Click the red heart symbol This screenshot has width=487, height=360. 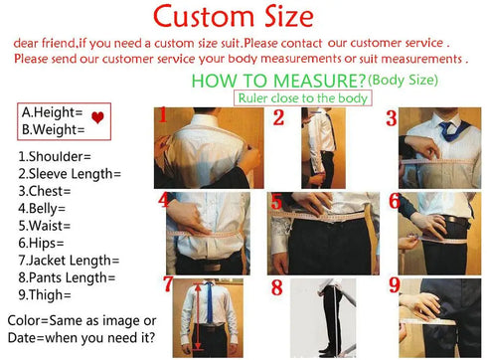(96, 120)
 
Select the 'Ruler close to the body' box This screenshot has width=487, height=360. (302, 98)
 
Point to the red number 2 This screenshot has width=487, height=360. (279, 119)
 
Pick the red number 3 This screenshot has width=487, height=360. (392, 119)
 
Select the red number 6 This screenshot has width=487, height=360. (394, 202)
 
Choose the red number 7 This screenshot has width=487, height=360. (169, 286)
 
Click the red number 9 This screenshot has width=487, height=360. (394, 286)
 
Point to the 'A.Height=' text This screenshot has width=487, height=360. (52, 112)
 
